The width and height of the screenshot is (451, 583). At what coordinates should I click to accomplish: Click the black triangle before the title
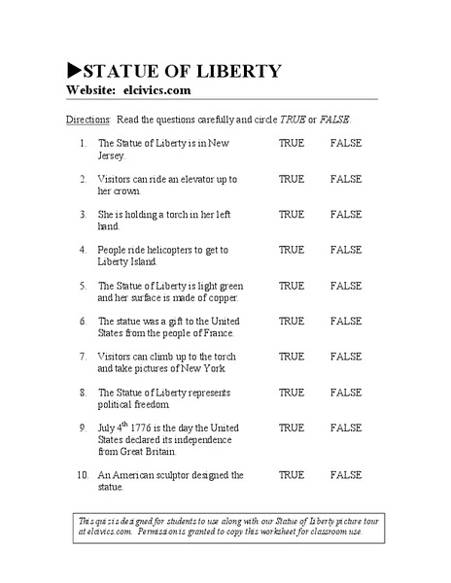tap(73, 71)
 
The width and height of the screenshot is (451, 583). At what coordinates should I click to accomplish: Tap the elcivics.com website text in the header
tap(157, 90)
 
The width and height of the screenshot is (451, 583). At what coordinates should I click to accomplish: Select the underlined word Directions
tap(87, 119)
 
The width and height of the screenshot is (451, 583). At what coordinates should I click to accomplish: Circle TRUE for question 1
tap(292, 143)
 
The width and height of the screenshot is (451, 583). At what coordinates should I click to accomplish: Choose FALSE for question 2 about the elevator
tap(345, 179)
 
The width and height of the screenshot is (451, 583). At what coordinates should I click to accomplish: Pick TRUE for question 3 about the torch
tap(292, 214)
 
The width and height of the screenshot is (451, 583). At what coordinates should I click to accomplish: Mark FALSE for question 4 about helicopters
tap(345, 250)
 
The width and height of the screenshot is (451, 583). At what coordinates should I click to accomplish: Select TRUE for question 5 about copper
tap(292, 286)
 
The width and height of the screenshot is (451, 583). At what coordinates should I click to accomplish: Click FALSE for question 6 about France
tap(345, 321)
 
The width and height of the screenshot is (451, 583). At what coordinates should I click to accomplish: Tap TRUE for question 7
tap(292, 357)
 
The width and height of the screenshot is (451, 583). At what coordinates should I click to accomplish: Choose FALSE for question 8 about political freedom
tap(345, 393)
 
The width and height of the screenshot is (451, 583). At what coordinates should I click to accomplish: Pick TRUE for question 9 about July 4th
tap(292, 428)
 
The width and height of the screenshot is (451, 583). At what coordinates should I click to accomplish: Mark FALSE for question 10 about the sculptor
tap(345, 475)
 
